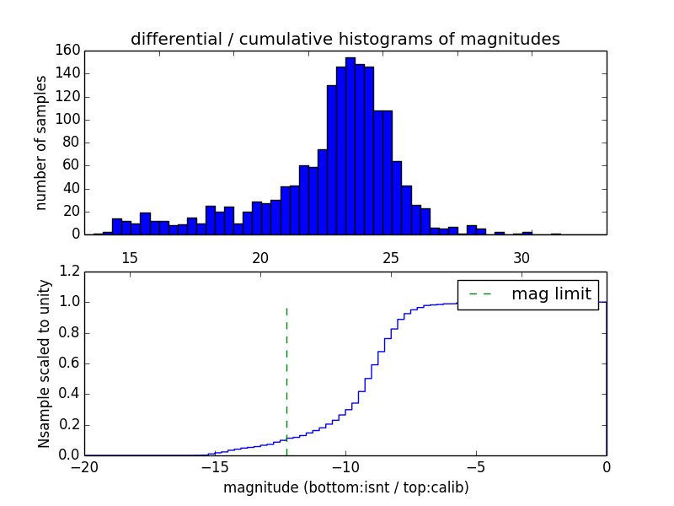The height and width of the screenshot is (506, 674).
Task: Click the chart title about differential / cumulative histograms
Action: [345, 39]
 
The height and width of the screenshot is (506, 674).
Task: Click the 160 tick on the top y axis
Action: [68, 51]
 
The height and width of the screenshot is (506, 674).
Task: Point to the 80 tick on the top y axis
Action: [72, 143]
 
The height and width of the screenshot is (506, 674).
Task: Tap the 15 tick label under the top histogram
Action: [130, 257]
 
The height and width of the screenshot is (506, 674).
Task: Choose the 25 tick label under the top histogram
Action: [391, 257]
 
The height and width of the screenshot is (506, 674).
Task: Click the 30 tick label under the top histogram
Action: [522, 257]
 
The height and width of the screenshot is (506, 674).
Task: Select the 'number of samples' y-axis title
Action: [41, 143]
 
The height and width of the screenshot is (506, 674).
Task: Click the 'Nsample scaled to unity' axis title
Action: [44, 363]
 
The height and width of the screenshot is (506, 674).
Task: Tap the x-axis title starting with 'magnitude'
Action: [345, 487]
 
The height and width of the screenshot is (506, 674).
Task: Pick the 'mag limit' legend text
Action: [551, 294]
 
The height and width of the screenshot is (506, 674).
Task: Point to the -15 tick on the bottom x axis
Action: [214, 466]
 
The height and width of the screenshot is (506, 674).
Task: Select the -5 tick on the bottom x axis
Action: [475, 466]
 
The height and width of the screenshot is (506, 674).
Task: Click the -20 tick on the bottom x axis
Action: [83, 466]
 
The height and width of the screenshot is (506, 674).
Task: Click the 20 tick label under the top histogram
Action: [260, 257]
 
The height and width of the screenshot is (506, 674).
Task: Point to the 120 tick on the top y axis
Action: [68, 96]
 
